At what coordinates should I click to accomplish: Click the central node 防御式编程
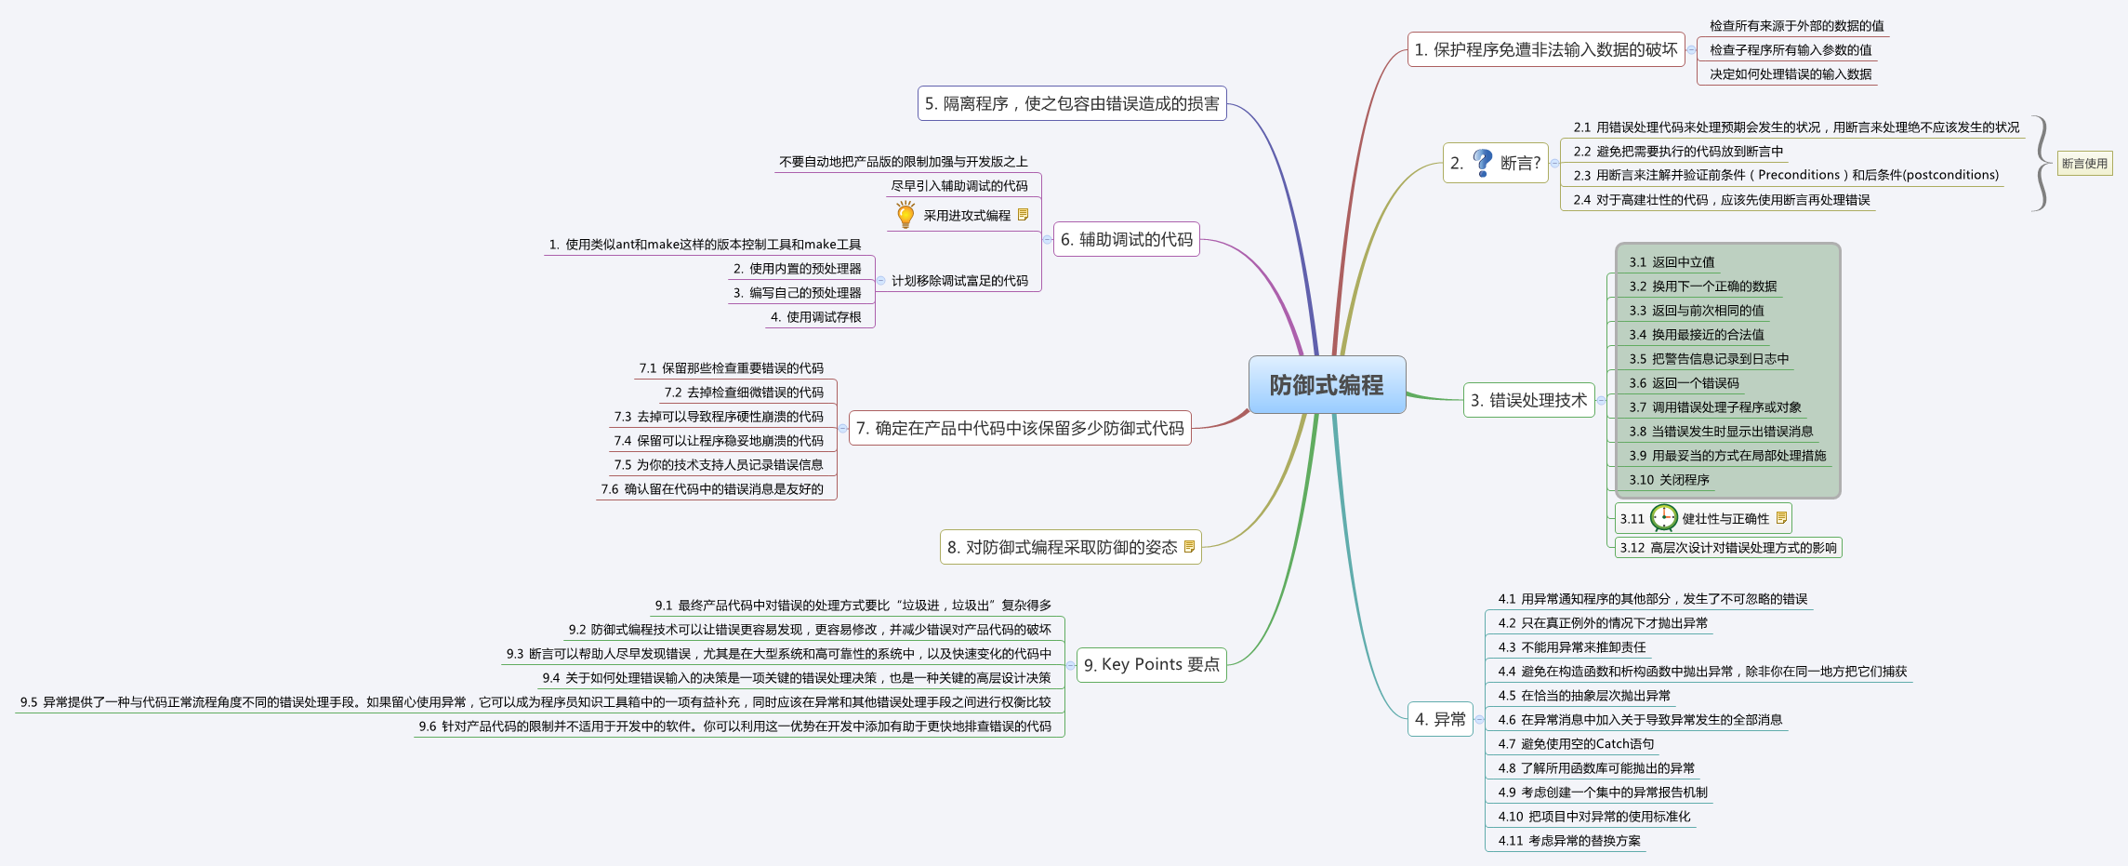click(1327, 384)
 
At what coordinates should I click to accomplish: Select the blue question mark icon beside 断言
click(1483, 163)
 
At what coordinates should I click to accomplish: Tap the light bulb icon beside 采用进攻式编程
click(905, 215)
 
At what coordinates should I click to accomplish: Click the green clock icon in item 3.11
click(1663, 518)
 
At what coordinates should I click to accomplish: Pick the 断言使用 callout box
click(2084, 164)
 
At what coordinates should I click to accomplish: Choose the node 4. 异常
click(1440, 719)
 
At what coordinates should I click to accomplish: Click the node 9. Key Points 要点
click(1151, 664)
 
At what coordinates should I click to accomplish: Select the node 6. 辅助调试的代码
click(1126, 239)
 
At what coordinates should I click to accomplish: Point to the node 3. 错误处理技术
click(1528, 400)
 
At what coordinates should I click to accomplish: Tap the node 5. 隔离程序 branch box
click(1072, 103)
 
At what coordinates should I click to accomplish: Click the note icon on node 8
click(1189, 547)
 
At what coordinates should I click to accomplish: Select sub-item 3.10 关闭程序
click(1669, 480)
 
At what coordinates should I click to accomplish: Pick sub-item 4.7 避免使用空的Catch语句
click(1576, 744)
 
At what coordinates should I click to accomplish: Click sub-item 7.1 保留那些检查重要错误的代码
click(731, 368)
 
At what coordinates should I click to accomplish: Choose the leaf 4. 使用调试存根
click(815, 317)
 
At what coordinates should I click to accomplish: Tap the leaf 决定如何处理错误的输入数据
click(1791, 74)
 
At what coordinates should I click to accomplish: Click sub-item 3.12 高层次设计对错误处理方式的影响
click(1727, 548)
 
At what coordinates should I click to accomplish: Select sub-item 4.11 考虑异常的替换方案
click(1569, 841)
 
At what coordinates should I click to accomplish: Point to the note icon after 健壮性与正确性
click(1781, 518)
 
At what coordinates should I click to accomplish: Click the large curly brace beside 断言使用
click(2041, 164)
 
